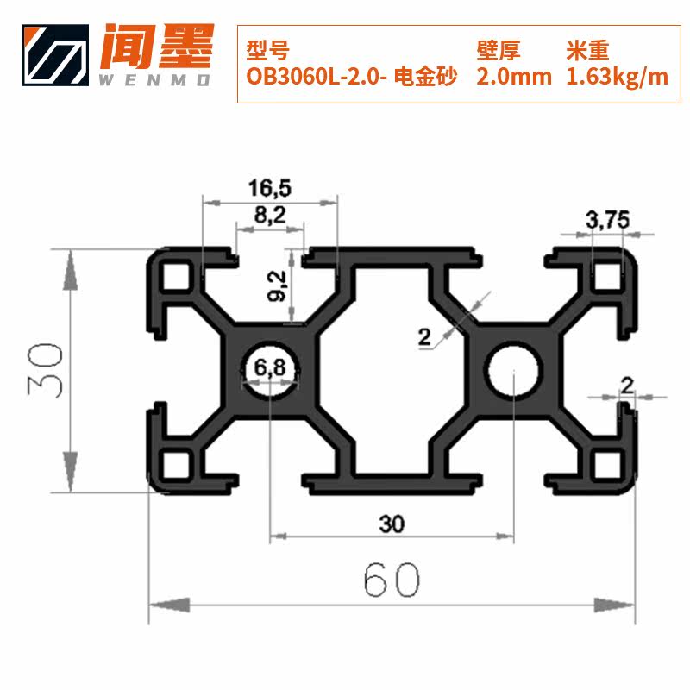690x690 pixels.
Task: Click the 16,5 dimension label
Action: point(269,186)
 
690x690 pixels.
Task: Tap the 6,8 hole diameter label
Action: point(270,369)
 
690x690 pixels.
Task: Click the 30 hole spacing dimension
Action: point(392,523)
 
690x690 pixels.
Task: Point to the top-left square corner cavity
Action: point(179,276)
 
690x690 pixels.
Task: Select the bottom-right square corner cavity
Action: point(612,467)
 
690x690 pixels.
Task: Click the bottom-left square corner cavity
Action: point(179,467)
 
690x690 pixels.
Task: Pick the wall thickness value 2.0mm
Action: point(514,77)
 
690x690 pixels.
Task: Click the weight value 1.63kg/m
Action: point(617,77)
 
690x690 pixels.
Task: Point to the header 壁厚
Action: point(499,49)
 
